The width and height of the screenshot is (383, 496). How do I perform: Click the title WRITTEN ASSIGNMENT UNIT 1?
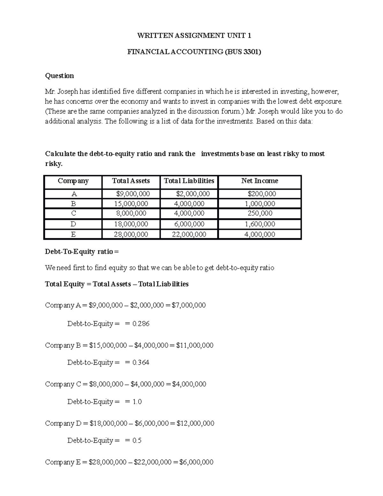(194, 35)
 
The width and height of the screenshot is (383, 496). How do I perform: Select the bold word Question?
(59, 76)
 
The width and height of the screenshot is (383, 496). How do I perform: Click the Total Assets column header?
(131, 181)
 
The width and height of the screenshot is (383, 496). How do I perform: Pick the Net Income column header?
(259, 181)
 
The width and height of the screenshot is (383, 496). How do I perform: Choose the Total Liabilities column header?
(189, 181)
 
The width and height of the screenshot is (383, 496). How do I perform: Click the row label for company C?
(73, 213)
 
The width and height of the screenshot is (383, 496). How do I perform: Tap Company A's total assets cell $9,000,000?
(133, 194)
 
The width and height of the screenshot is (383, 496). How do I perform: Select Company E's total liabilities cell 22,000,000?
(189, 234)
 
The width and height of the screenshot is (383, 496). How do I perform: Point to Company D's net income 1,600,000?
(260, 224)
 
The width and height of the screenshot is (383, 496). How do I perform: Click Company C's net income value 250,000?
(260, 213)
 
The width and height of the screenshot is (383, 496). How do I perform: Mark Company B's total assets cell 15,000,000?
(131, 204)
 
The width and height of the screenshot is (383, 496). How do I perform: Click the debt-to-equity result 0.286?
(141, 324)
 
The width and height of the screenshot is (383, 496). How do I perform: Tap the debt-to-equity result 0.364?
(141, 362)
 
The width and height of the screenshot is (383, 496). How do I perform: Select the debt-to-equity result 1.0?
(137, 402)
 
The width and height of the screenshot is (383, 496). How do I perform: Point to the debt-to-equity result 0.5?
(137, 441)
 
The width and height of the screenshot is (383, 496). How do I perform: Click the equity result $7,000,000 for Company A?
(189, 305)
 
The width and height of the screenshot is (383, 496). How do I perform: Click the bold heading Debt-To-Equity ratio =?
(82, 252)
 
